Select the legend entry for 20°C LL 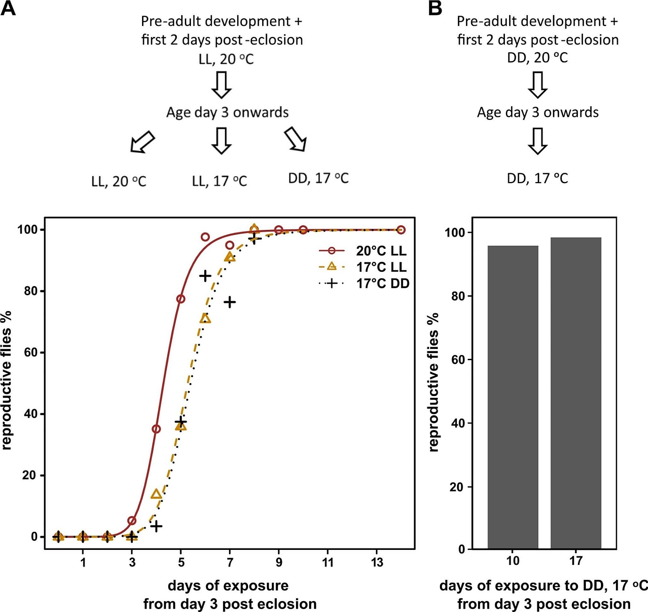click(x=381, y=251)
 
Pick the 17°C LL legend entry click(x=381, y=267)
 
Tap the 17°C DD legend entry click(x=382, y=283)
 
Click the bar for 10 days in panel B click(x=513, y=398)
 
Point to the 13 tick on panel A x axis click(x=377, y=562)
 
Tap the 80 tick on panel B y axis click(x=457, y=296)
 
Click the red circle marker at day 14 click(x=401, y=230)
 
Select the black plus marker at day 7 click(x=230, y=302)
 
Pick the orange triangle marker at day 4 click(x=157, y=494)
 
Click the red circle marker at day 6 click(x=205, y=237)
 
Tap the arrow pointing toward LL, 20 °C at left click(x=142, y=142)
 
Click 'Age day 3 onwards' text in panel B click(x=538, y=113)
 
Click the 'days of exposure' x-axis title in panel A click(x=228, y=586)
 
